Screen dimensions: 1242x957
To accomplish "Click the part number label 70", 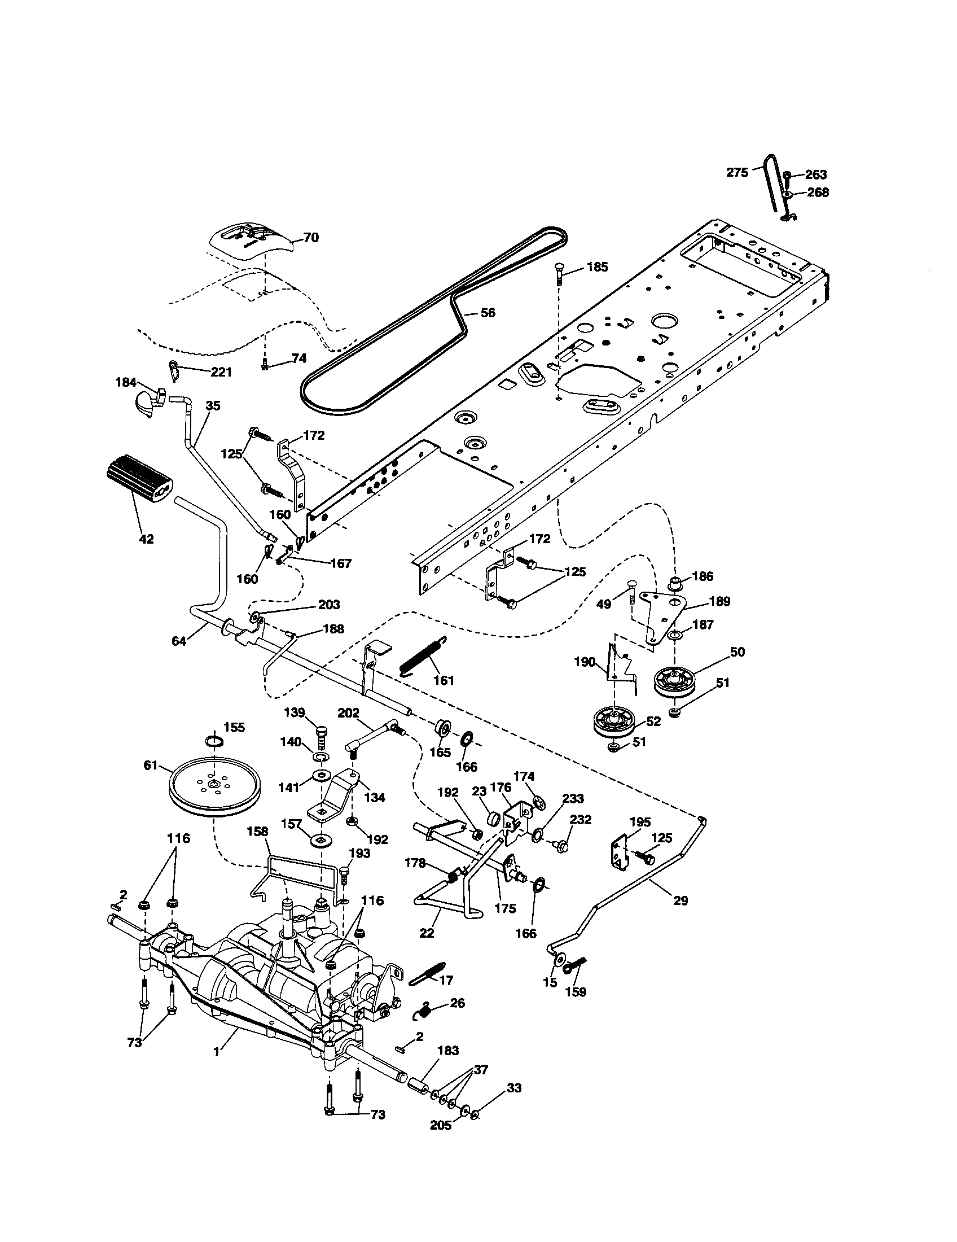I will tap(311, 237).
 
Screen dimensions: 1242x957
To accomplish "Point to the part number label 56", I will tap(488, 312).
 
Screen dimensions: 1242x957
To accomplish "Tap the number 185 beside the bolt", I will tap(596, 266).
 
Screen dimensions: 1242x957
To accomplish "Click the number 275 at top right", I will tap(737, 172).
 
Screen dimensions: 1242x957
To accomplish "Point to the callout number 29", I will tap(681, 900).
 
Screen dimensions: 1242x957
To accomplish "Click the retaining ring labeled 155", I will tap(214, 741).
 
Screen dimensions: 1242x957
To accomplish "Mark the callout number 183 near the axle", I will tap(448, 1051).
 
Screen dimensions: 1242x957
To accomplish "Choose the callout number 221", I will tap(221, 372).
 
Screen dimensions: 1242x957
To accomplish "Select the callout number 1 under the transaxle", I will tap(216, 1052).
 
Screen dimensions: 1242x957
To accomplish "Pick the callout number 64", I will tap(179, 641).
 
